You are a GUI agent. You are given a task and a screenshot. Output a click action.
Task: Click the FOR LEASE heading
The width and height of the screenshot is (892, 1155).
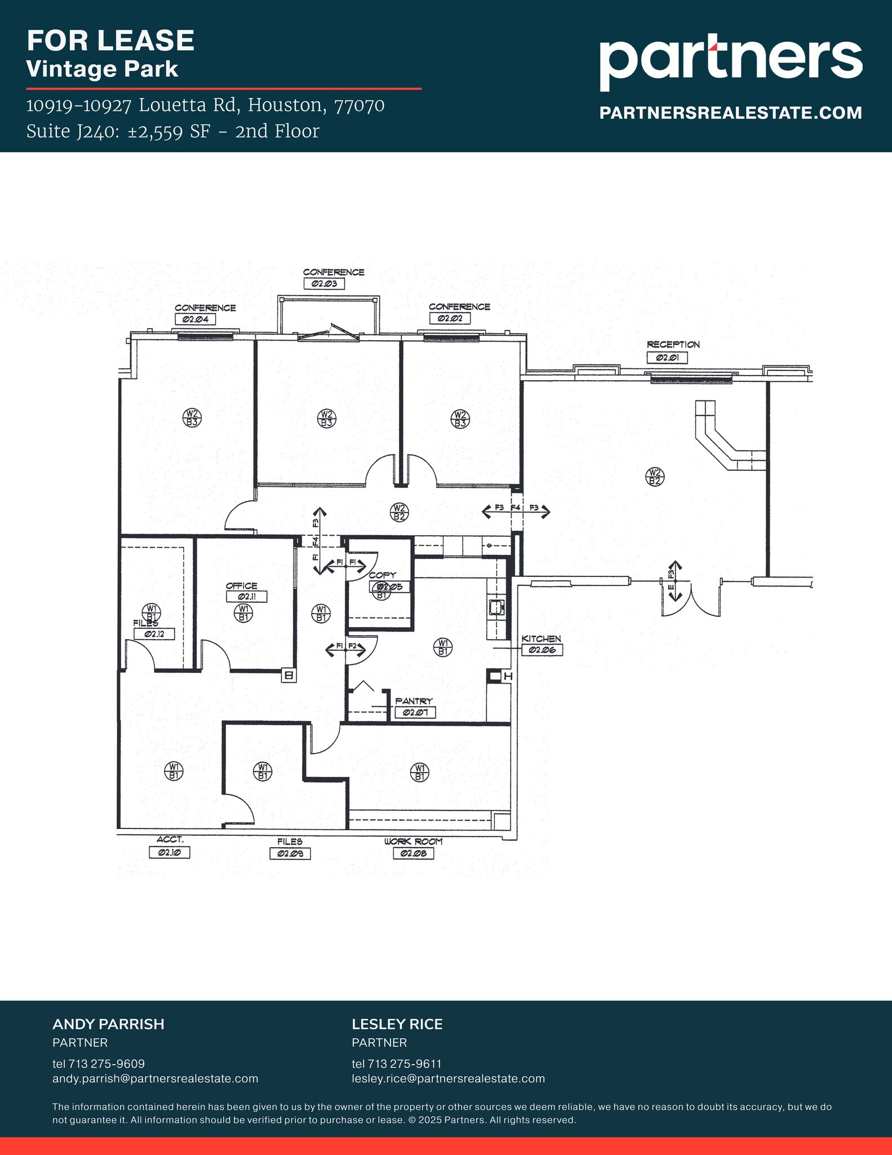(x=110, y=41)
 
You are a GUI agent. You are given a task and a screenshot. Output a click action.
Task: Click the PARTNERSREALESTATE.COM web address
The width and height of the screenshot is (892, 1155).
(x=730, y=113)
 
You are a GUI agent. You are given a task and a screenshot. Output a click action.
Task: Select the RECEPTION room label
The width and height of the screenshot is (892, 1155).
(x=673, y=345)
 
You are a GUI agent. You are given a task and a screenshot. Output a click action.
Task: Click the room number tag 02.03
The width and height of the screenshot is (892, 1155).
(x=324, y=284)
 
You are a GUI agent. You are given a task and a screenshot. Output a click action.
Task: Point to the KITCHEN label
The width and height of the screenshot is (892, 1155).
(x=541, y=639)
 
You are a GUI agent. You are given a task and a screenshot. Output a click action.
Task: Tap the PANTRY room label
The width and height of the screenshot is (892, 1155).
(x=414, y=701)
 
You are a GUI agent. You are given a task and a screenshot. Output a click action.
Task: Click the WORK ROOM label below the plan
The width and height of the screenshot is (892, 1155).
(x=414, y=841)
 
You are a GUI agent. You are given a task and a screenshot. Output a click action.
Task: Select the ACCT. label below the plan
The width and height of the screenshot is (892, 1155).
(x=170, y=840)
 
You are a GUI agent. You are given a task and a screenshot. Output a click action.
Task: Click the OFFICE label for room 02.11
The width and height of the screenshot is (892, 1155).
(x=241, y=586)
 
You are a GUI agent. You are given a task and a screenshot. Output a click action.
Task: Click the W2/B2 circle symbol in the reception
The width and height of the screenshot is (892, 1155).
(x=654, y=477)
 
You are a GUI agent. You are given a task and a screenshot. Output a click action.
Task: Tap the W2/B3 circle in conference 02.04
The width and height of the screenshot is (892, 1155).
(x=192, y=418)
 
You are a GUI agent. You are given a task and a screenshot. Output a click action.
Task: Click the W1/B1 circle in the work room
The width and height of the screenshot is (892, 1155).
(x=419, y=772)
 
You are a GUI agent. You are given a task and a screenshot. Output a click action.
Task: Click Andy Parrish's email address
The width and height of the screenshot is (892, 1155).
(x=155, y=1079)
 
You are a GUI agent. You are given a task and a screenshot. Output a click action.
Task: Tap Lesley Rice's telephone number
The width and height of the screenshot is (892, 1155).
(x=397, y=1064)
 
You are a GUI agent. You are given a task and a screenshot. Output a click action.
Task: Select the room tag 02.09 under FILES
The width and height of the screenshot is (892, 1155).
(x=290, y=854)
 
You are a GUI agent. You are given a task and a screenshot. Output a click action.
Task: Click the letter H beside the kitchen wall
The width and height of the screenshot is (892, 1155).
(x=508, y=676)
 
